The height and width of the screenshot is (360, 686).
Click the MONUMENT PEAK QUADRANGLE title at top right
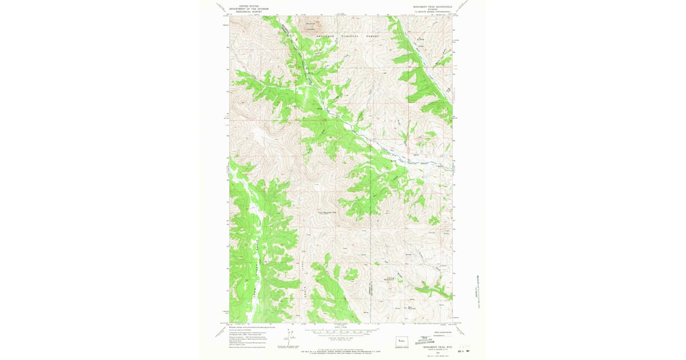click(x=432, y=7)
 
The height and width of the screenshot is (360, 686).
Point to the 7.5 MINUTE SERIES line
click(x=432, y=12)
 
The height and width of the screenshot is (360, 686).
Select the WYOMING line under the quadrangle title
click(x=432, y=10)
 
